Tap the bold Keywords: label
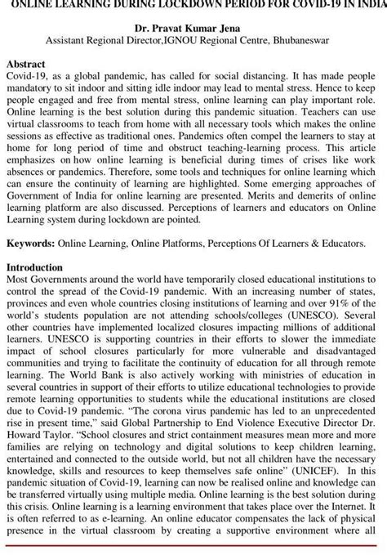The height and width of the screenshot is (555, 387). click(x=31, y=244)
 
